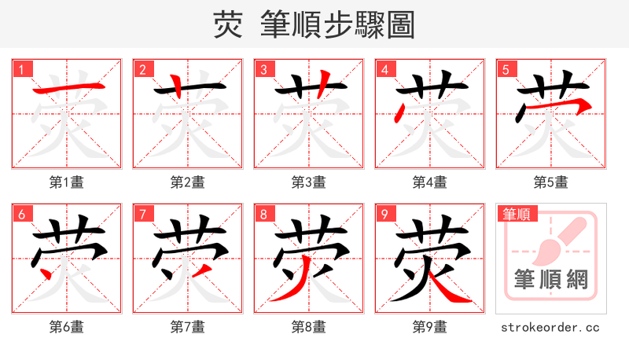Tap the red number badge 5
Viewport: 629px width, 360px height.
point(506,69)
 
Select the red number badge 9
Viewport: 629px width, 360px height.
point(385,214)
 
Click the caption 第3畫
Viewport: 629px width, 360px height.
point(308,182)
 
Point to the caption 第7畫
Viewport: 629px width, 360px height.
point(187,327)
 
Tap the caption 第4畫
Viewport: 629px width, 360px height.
point(429,182)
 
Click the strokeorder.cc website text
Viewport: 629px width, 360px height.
point(550,327)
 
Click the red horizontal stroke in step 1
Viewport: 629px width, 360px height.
point(67,86)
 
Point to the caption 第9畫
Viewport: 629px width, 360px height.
point(429,327)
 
